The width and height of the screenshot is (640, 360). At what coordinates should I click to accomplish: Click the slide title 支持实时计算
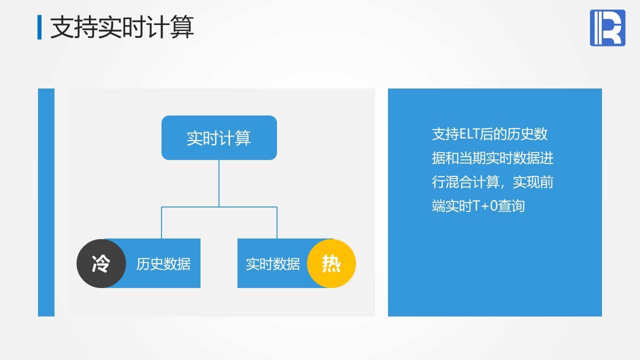tap(122, 27)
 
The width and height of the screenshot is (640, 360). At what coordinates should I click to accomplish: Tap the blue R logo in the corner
tap(607, 27)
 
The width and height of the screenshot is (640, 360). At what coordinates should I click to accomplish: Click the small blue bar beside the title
tap(39, 27)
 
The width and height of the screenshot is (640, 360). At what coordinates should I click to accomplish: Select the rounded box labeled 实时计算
tap(219, 137)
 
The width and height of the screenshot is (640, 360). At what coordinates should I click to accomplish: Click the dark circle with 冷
tap(101, 263)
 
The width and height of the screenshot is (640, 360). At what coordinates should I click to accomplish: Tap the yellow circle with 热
tap(331, 263)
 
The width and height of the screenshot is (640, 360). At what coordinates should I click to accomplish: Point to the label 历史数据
tap(163, 263)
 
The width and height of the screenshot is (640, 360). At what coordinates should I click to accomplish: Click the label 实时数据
tap(273, 263)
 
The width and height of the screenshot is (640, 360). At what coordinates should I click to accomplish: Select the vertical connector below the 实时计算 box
tap(219, 183)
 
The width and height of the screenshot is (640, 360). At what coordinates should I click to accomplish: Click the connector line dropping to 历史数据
tap(161, 222)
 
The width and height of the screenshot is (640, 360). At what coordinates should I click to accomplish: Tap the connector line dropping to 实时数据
tap(277, 222)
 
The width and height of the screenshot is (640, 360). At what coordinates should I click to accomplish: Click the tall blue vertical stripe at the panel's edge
tap(46, 202)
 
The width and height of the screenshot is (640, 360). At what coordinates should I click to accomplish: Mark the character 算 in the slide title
tap(182, 27)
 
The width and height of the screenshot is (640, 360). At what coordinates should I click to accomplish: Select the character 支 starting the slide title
tap(62, 27)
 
